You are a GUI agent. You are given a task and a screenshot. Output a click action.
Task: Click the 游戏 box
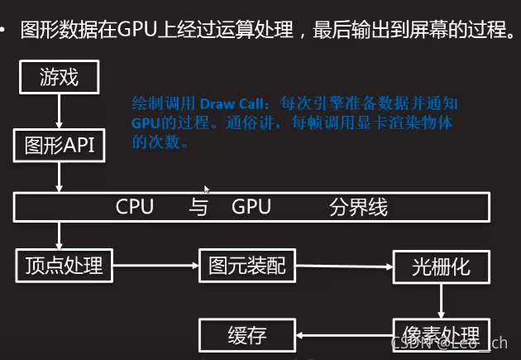[59, 79]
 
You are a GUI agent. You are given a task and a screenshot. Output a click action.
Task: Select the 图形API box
[59, 146]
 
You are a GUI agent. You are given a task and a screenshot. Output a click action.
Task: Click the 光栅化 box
[441, 267]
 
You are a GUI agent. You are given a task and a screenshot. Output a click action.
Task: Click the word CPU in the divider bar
[135, 207]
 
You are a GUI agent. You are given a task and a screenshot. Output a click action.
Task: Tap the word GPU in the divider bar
[251, 207]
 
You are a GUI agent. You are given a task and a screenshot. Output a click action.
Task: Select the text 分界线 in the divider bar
[358, 207]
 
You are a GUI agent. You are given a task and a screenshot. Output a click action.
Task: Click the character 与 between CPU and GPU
[198, 207]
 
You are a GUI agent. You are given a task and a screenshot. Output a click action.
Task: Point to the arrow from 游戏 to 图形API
[59, 112]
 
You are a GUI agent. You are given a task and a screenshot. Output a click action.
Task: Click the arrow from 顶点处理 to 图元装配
[155, 266]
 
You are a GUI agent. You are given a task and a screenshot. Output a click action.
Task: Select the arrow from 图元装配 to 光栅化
[343, 266]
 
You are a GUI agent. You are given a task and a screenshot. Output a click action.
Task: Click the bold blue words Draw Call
[229, 105]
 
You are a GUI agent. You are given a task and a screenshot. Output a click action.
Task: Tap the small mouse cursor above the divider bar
[207, 190]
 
